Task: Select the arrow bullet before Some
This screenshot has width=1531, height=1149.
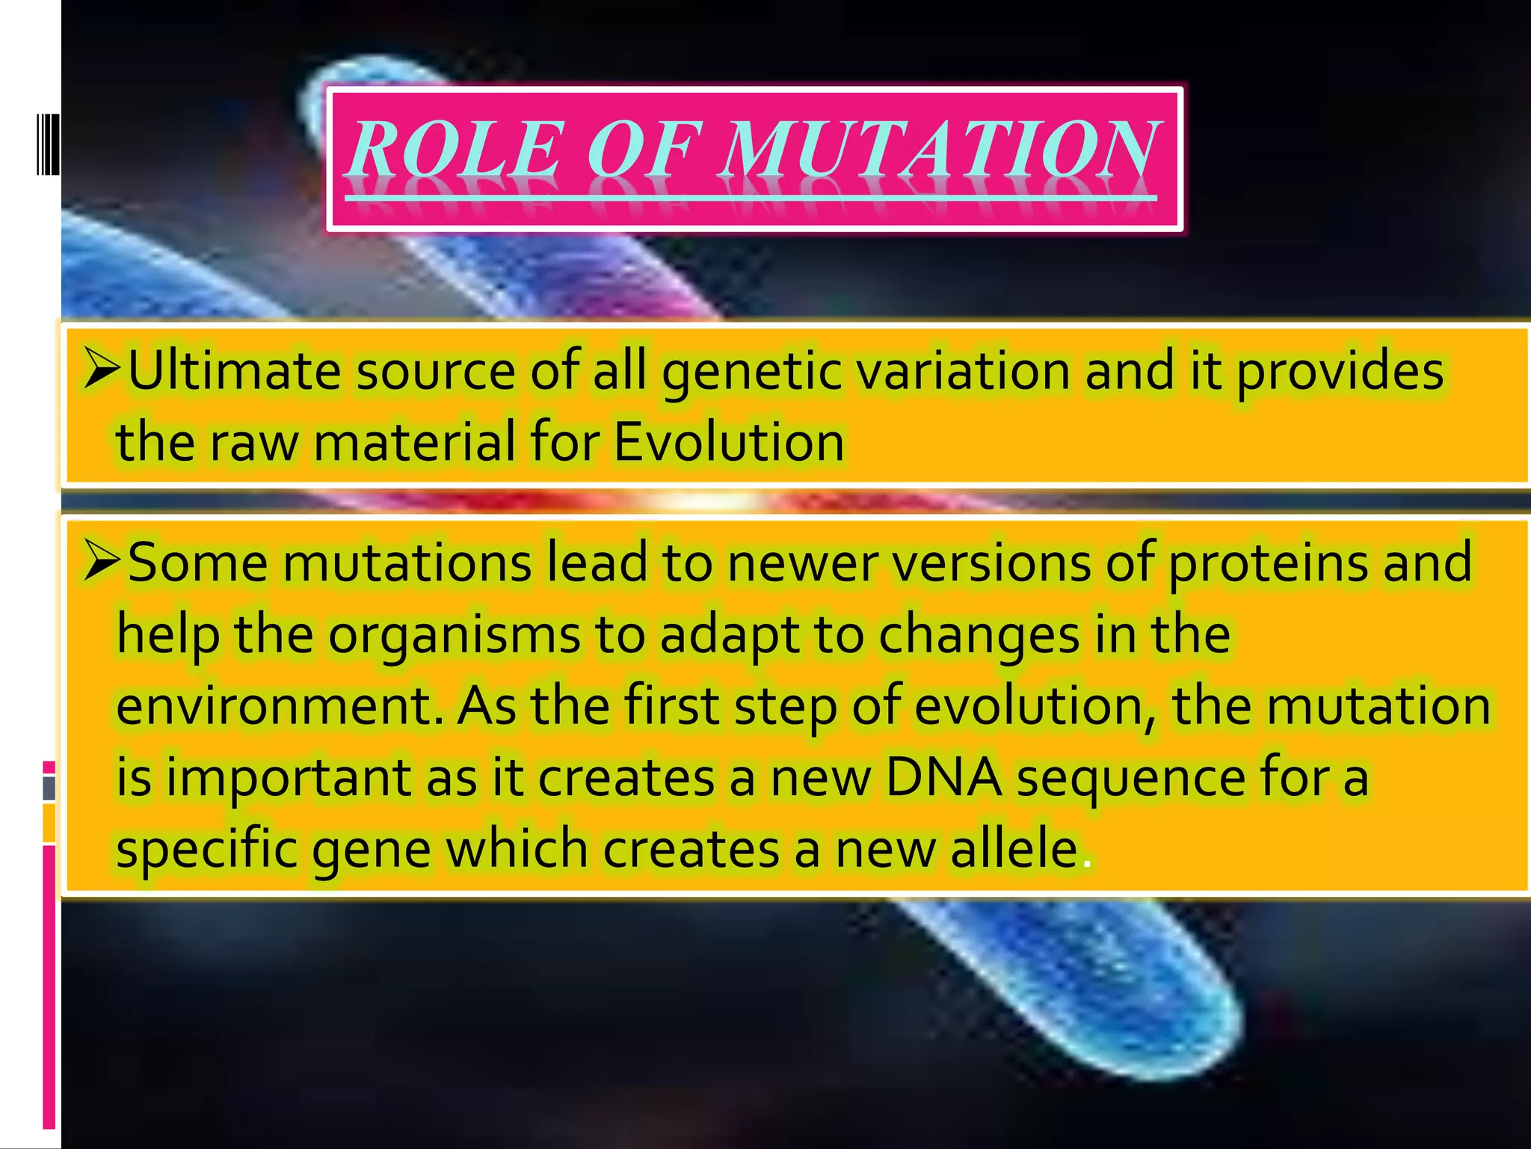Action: pyautogui.click(x=102, y=562)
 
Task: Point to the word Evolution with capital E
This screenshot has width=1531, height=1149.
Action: pyautogui.click(x=729, y=442)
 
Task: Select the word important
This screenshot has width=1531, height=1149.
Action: pyautogui.click(x=288, y=779)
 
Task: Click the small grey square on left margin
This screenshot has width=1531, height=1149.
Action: pyautogui.click(x=49, y=788)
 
